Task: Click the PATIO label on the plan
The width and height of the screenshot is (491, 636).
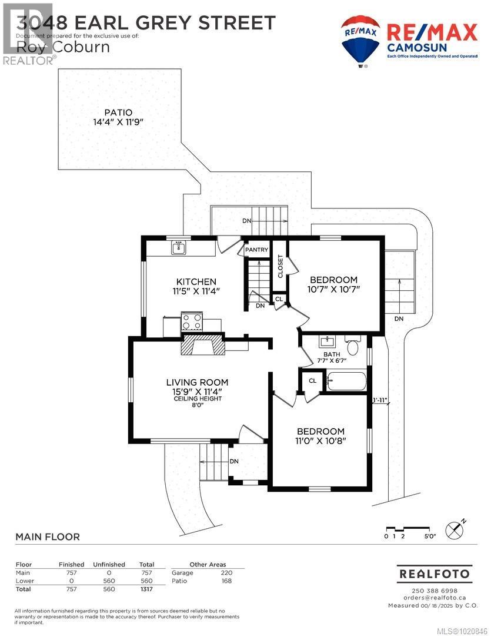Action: (x=118, y=112)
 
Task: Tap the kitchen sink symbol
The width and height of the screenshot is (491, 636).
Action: (x=179, y=248)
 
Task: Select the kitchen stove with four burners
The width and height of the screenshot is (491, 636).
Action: (x=192, y=322)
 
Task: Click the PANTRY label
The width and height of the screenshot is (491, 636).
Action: (x=257, y=250)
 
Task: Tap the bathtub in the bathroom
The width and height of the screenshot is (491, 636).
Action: (x=347, y=381)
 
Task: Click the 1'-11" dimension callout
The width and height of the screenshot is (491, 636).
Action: (x=381, y=400)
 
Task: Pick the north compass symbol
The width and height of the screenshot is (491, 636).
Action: (x=455, y=530)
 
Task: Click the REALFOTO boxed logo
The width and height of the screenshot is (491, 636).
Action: (x=433, y=573)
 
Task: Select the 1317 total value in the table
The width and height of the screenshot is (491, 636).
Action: (x=146, y=588)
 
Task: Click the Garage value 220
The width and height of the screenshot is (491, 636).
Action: (x=226, y=572)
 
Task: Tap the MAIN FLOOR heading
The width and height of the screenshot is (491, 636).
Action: (x=47, y=536)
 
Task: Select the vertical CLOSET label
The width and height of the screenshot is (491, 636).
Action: (x=280, y=266)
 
